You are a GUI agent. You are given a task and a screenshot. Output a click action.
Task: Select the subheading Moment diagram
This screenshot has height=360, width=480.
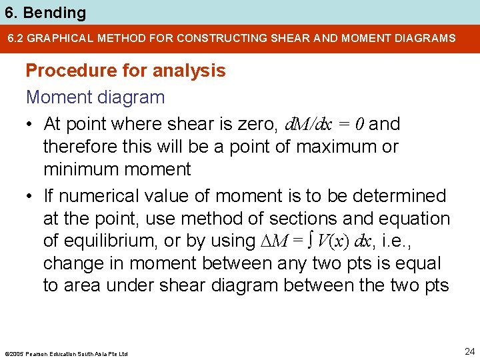tap(95, 97)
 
